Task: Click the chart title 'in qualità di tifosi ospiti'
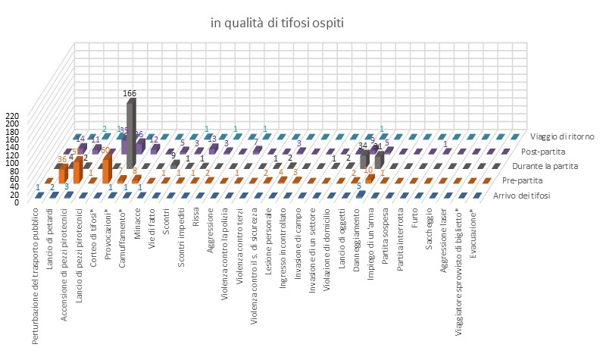(277, 23)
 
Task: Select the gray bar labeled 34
(364, 158)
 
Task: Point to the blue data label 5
(358, 186)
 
